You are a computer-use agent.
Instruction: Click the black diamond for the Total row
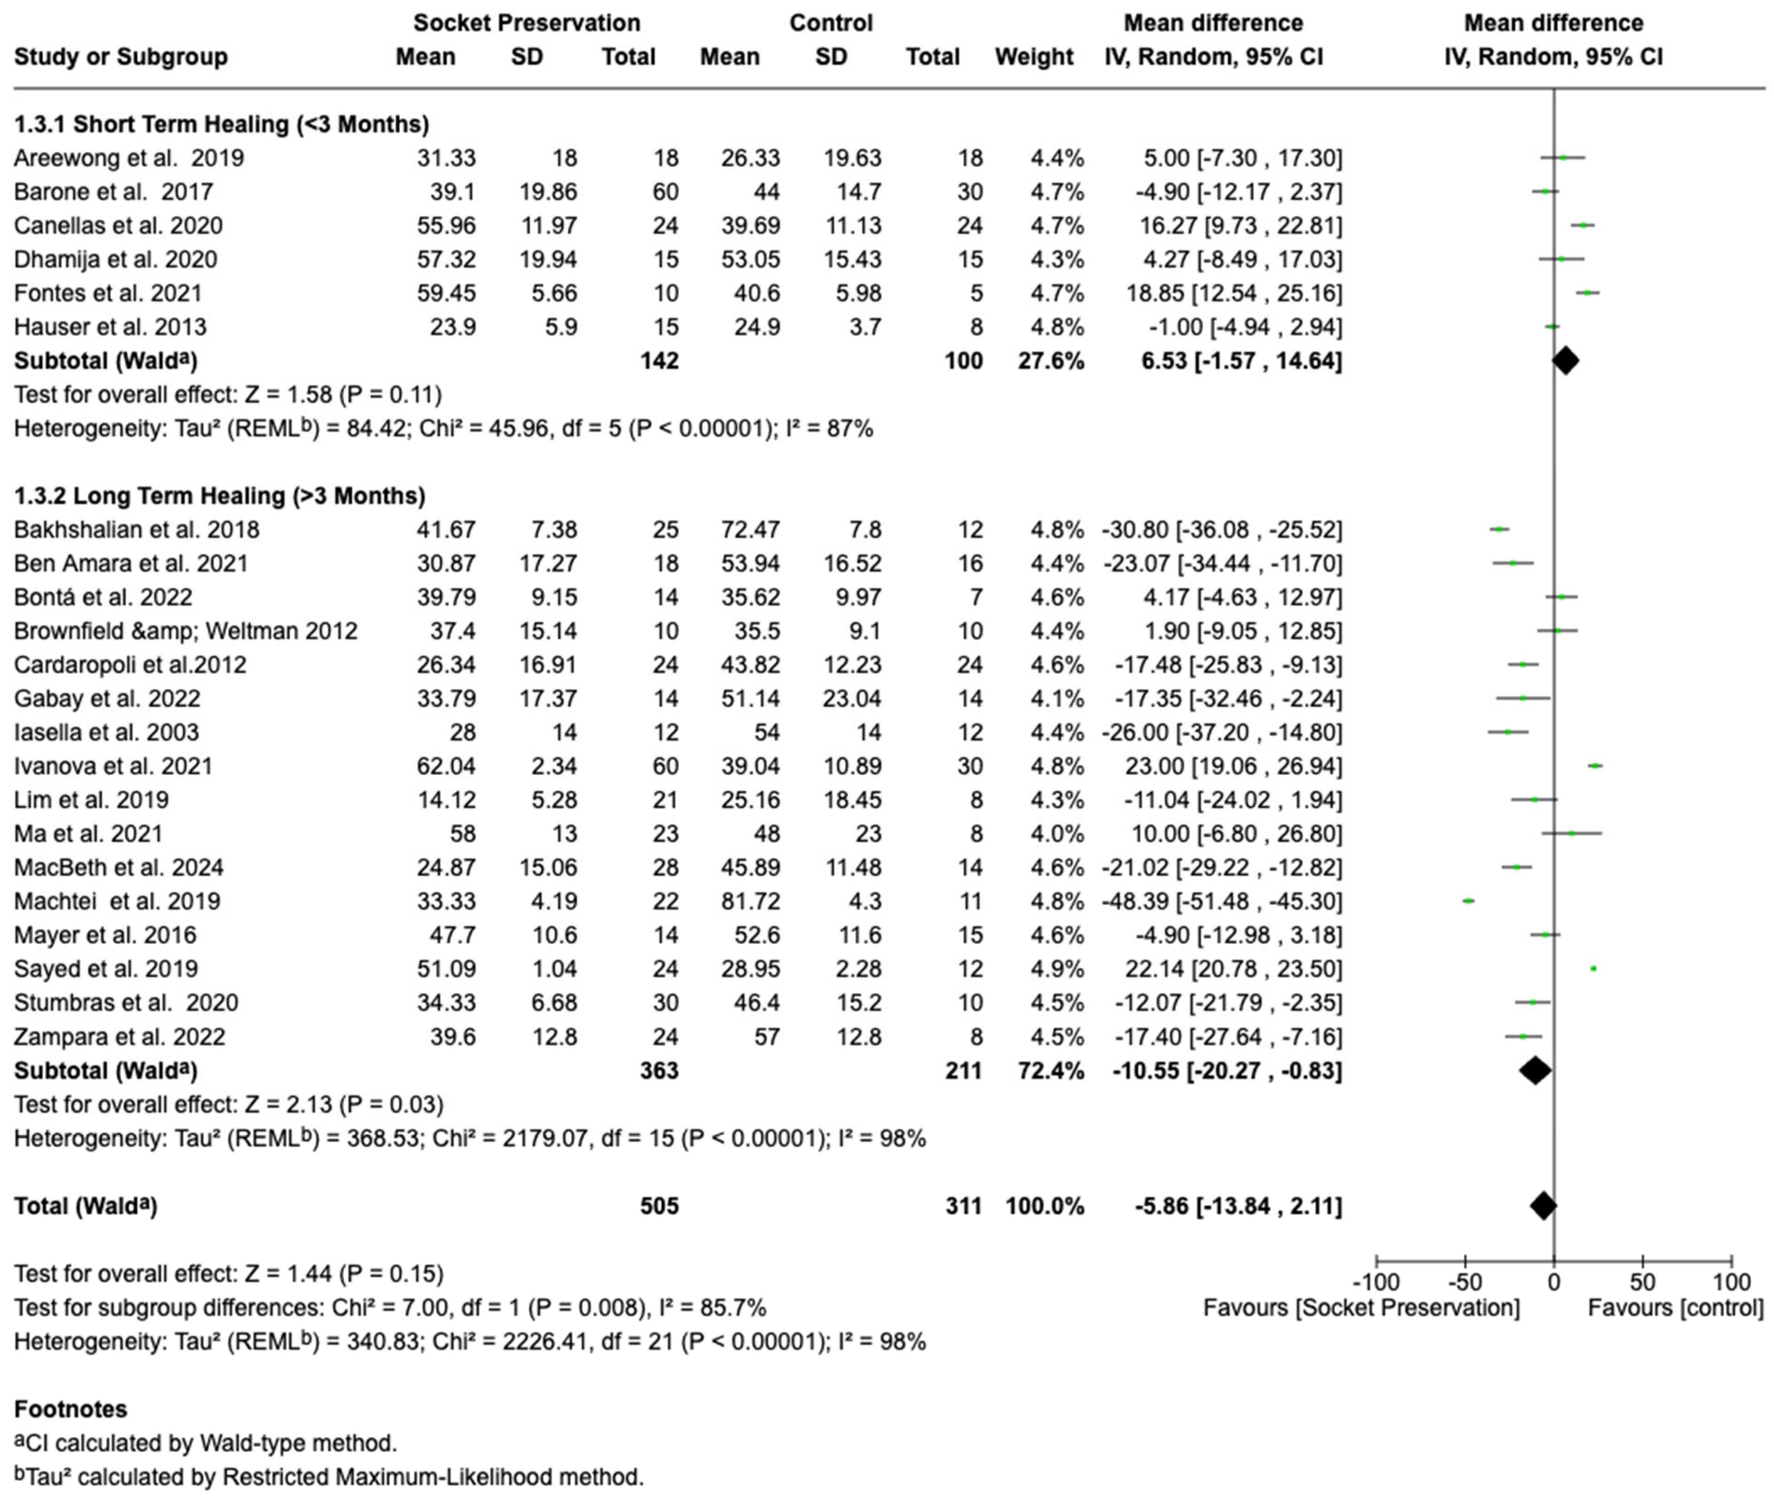coord(1543,1206)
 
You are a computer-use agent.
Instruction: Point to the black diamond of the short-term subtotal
coord(1565,361)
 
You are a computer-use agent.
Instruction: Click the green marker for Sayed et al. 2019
coord(1593,969)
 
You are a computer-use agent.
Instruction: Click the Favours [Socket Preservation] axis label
coord(1362,1308)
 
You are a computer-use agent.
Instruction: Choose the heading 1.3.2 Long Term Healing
coord(219,496)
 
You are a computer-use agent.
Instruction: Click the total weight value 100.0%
coord(1045,1206)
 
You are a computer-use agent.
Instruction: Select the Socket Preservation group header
coord(526,23)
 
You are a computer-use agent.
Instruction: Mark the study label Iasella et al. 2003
coord(106,732)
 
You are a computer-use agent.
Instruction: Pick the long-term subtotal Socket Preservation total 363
coord(659,1071)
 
